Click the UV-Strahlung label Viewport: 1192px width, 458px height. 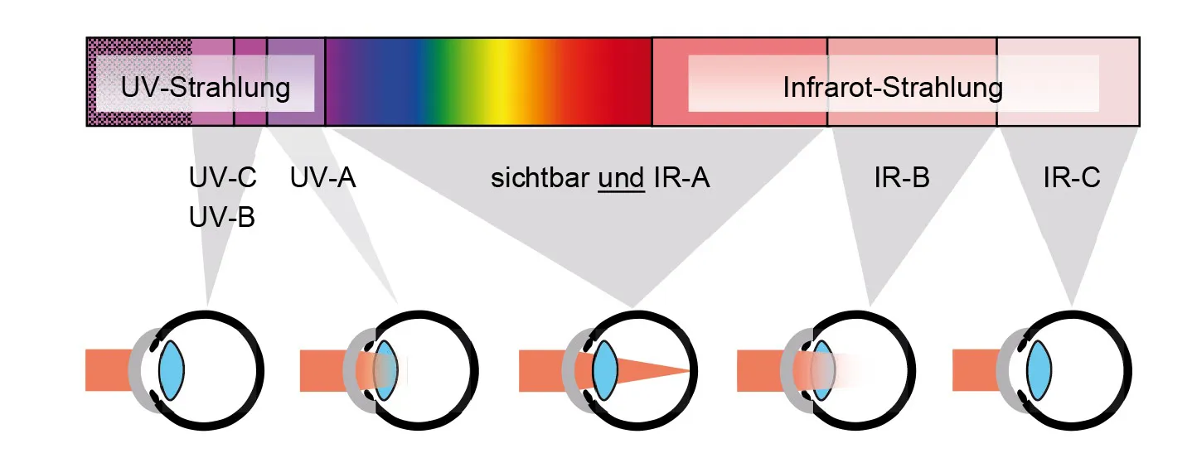click(x=206, y=88)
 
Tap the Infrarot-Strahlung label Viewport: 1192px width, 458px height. click(x=893, y=88)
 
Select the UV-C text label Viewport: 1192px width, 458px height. click(x=222, y=178)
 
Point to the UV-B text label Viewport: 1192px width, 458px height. click(x=222, y=218)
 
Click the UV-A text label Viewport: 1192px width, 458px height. click(x=322, y=178)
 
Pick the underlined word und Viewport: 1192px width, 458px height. click(x=621, y=178)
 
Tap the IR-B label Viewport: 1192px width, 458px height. click(x=901, y=178)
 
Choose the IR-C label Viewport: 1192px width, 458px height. click(x=1072, y=178)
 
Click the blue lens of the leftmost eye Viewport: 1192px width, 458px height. click(x=171, y=370)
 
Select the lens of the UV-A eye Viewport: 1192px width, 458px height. click(x=385, y=370)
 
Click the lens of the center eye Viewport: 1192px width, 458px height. click(x=606, y=370)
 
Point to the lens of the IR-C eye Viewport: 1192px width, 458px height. click(x=1039, y=370)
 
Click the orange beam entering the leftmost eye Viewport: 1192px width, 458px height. click(x=109, y=370)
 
